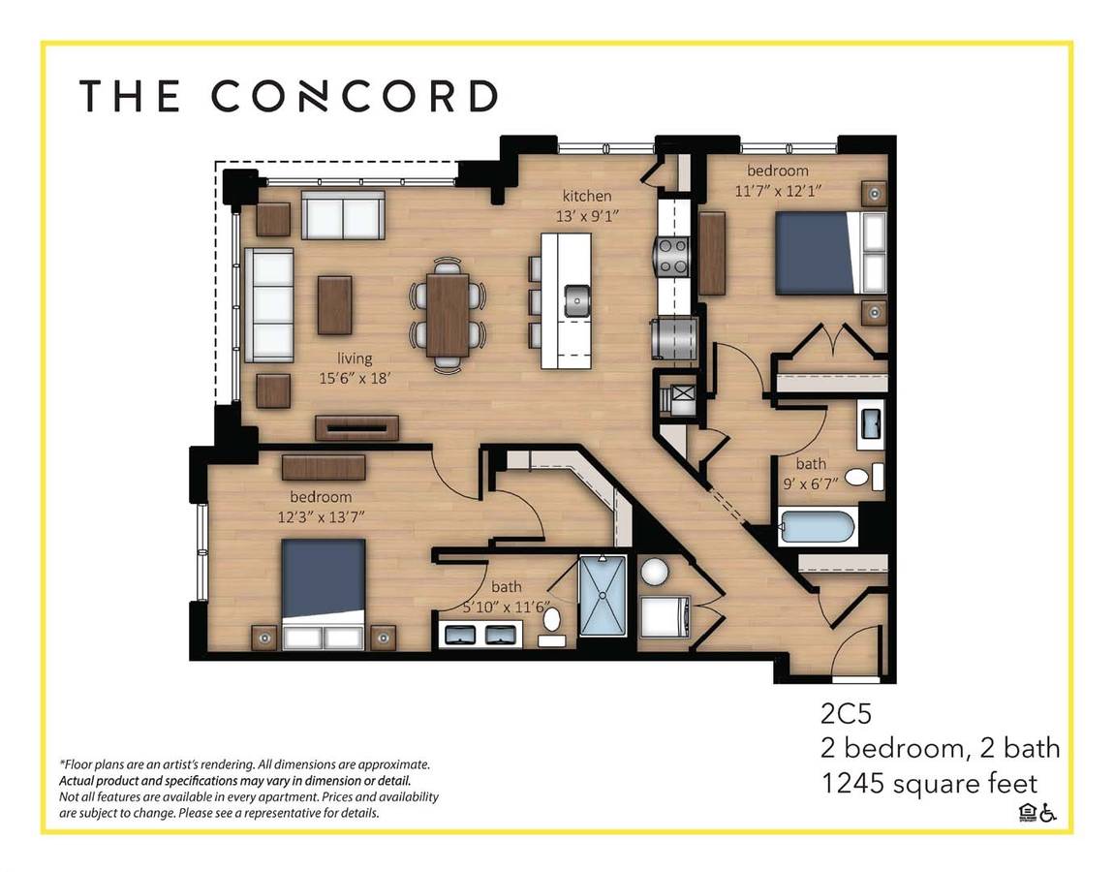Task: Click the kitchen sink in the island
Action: (x=577, y=300)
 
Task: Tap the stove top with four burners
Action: (x=673, y=256)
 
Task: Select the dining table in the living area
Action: (x=448, y=315)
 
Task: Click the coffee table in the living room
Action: (x=334, y=305)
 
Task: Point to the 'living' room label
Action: (x=355, y=358)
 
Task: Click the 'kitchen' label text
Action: (x=587, y=196)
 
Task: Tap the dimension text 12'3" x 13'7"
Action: (x=322, y=517)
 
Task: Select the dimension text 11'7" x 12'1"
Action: (x=778, y=191)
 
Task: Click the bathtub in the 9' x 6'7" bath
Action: (x=818, y=527)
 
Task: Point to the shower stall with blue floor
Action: (x=603, y=596)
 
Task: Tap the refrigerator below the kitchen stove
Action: (x=673, y=338)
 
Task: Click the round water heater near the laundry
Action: (x=654, y=572)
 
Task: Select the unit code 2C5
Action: (x=847, y=713)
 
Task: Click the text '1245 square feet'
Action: (x=929, y=783)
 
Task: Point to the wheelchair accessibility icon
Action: (x=1048, y=812)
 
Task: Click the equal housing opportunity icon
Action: (x=1028, y=812)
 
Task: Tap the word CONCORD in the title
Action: (x=354, y=96)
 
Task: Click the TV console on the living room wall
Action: (x=356, y=427)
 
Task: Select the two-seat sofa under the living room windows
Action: (x=343, y=215)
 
